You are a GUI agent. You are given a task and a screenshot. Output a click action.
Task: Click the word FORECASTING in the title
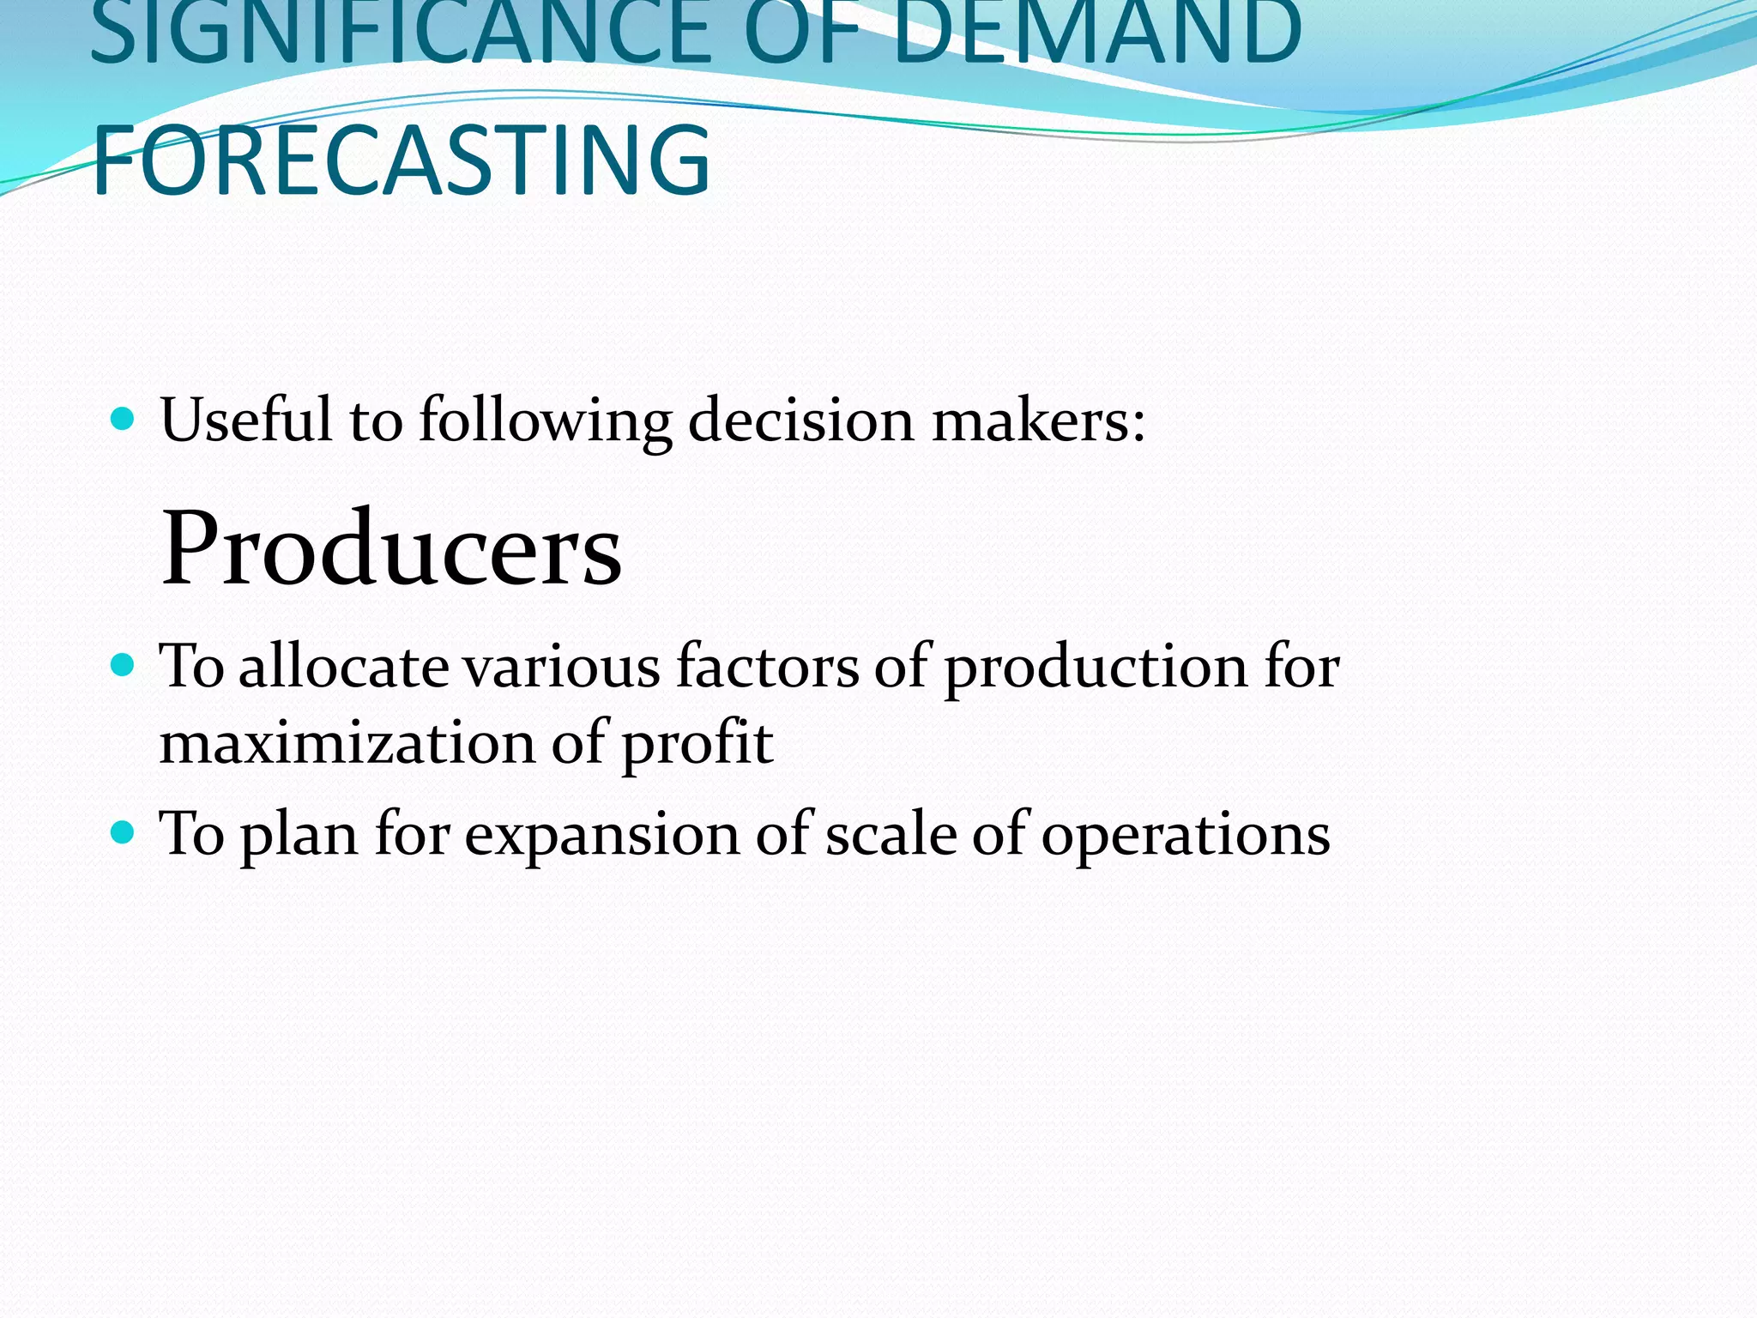[x=401, y=160]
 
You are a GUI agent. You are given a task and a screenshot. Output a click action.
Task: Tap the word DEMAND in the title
[x=1096, y=34]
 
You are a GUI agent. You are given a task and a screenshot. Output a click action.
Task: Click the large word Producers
[x=391, y=547]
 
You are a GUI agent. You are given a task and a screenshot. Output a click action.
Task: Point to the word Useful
[x=245, y=420]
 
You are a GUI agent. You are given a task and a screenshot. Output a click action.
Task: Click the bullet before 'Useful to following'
[x=124, y=419]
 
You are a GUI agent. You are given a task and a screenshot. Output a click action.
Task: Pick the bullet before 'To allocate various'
[x=124, y=665]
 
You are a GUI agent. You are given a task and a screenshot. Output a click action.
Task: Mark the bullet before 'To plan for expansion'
[x=124, y=832]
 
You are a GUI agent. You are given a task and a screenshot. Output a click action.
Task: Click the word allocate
[x=343, y=667]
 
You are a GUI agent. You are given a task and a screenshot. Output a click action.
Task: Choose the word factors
[x=767, y=667]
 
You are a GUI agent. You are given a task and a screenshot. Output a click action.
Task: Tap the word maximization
[x=347, y=743]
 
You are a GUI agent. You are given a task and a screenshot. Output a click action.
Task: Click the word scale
[x=890, y=834]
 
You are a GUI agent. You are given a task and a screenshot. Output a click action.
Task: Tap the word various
[x=562, y=668]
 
